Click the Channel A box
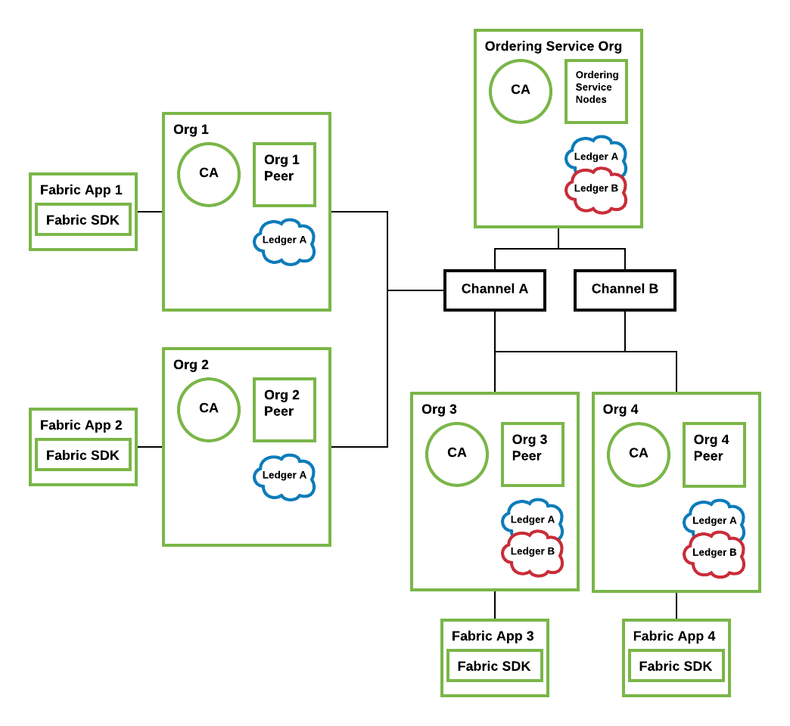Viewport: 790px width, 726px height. (x=494, y=290)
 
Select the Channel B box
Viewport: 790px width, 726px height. (x=624, y=290)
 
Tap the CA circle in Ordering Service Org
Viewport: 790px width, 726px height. (x=521, y=91)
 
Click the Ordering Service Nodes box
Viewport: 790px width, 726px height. (x=596, y=91)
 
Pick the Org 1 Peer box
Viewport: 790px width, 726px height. (x=284, y=175)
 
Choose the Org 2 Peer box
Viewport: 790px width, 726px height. (x=284, y=410)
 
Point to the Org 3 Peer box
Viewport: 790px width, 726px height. (x=532, y=455)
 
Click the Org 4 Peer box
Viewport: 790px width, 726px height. (x=714, y=455)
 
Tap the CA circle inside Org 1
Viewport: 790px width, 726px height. (x=209, y=174)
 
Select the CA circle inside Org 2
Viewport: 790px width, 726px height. (x=209, y=409)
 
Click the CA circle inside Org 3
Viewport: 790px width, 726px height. (x=457, y=454)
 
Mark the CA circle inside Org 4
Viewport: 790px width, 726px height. (x=639, y=454)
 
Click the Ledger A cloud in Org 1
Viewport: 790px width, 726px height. (x=285, y=242)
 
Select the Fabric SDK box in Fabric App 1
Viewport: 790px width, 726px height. (x=83, y=220)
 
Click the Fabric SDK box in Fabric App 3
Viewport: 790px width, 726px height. (x=494, y=666)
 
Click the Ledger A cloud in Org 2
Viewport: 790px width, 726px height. (x=285, y=476)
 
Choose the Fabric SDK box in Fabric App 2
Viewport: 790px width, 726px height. (x=83, y=455)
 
